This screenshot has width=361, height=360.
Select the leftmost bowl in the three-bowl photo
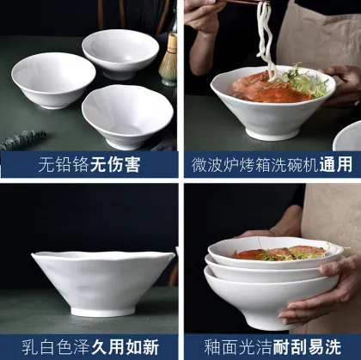tap(53, 78)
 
